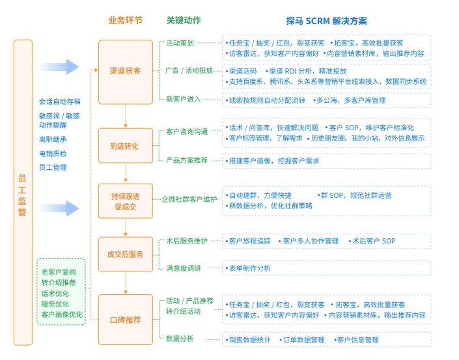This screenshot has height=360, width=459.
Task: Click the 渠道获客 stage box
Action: pyautogui.click(x=126, y=71)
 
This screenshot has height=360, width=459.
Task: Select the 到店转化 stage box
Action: pyautogui.click(x=126, y=146)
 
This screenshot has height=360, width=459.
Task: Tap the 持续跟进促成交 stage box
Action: pyautogui.click(x=126, y=201)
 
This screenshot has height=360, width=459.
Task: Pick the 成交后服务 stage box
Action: pyautogui.click(x=126, y=255)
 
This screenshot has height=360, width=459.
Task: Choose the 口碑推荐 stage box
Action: pyautogui.click(x=126, y=320)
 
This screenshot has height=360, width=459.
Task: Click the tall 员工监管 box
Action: pyautogui.click(x=23, y=193)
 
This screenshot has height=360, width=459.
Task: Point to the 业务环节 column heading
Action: pyautogui.click(x=126, y=21)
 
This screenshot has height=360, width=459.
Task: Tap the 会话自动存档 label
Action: pyautogui.click(x=60, y=102)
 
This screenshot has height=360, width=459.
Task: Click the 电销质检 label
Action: pyautogui.click(x=53, y=154)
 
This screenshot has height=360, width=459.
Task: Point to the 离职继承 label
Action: pyautogui.click(x=53, y=139)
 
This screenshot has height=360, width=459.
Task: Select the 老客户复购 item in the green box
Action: pyautogui.click(x=59, y=271)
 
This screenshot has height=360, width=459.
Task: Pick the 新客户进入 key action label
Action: pyautogui.click(x=184, y=99)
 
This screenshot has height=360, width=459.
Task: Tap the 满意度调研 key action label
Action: pyautogui.click(x=184, y=268)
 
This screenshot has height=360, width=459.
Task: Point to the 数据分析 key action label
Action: pyautogui.click(x=180, y=339)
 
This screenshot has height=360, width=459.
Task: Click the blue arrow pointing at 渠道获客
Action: pyautogui.click(x=59, y=66)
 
